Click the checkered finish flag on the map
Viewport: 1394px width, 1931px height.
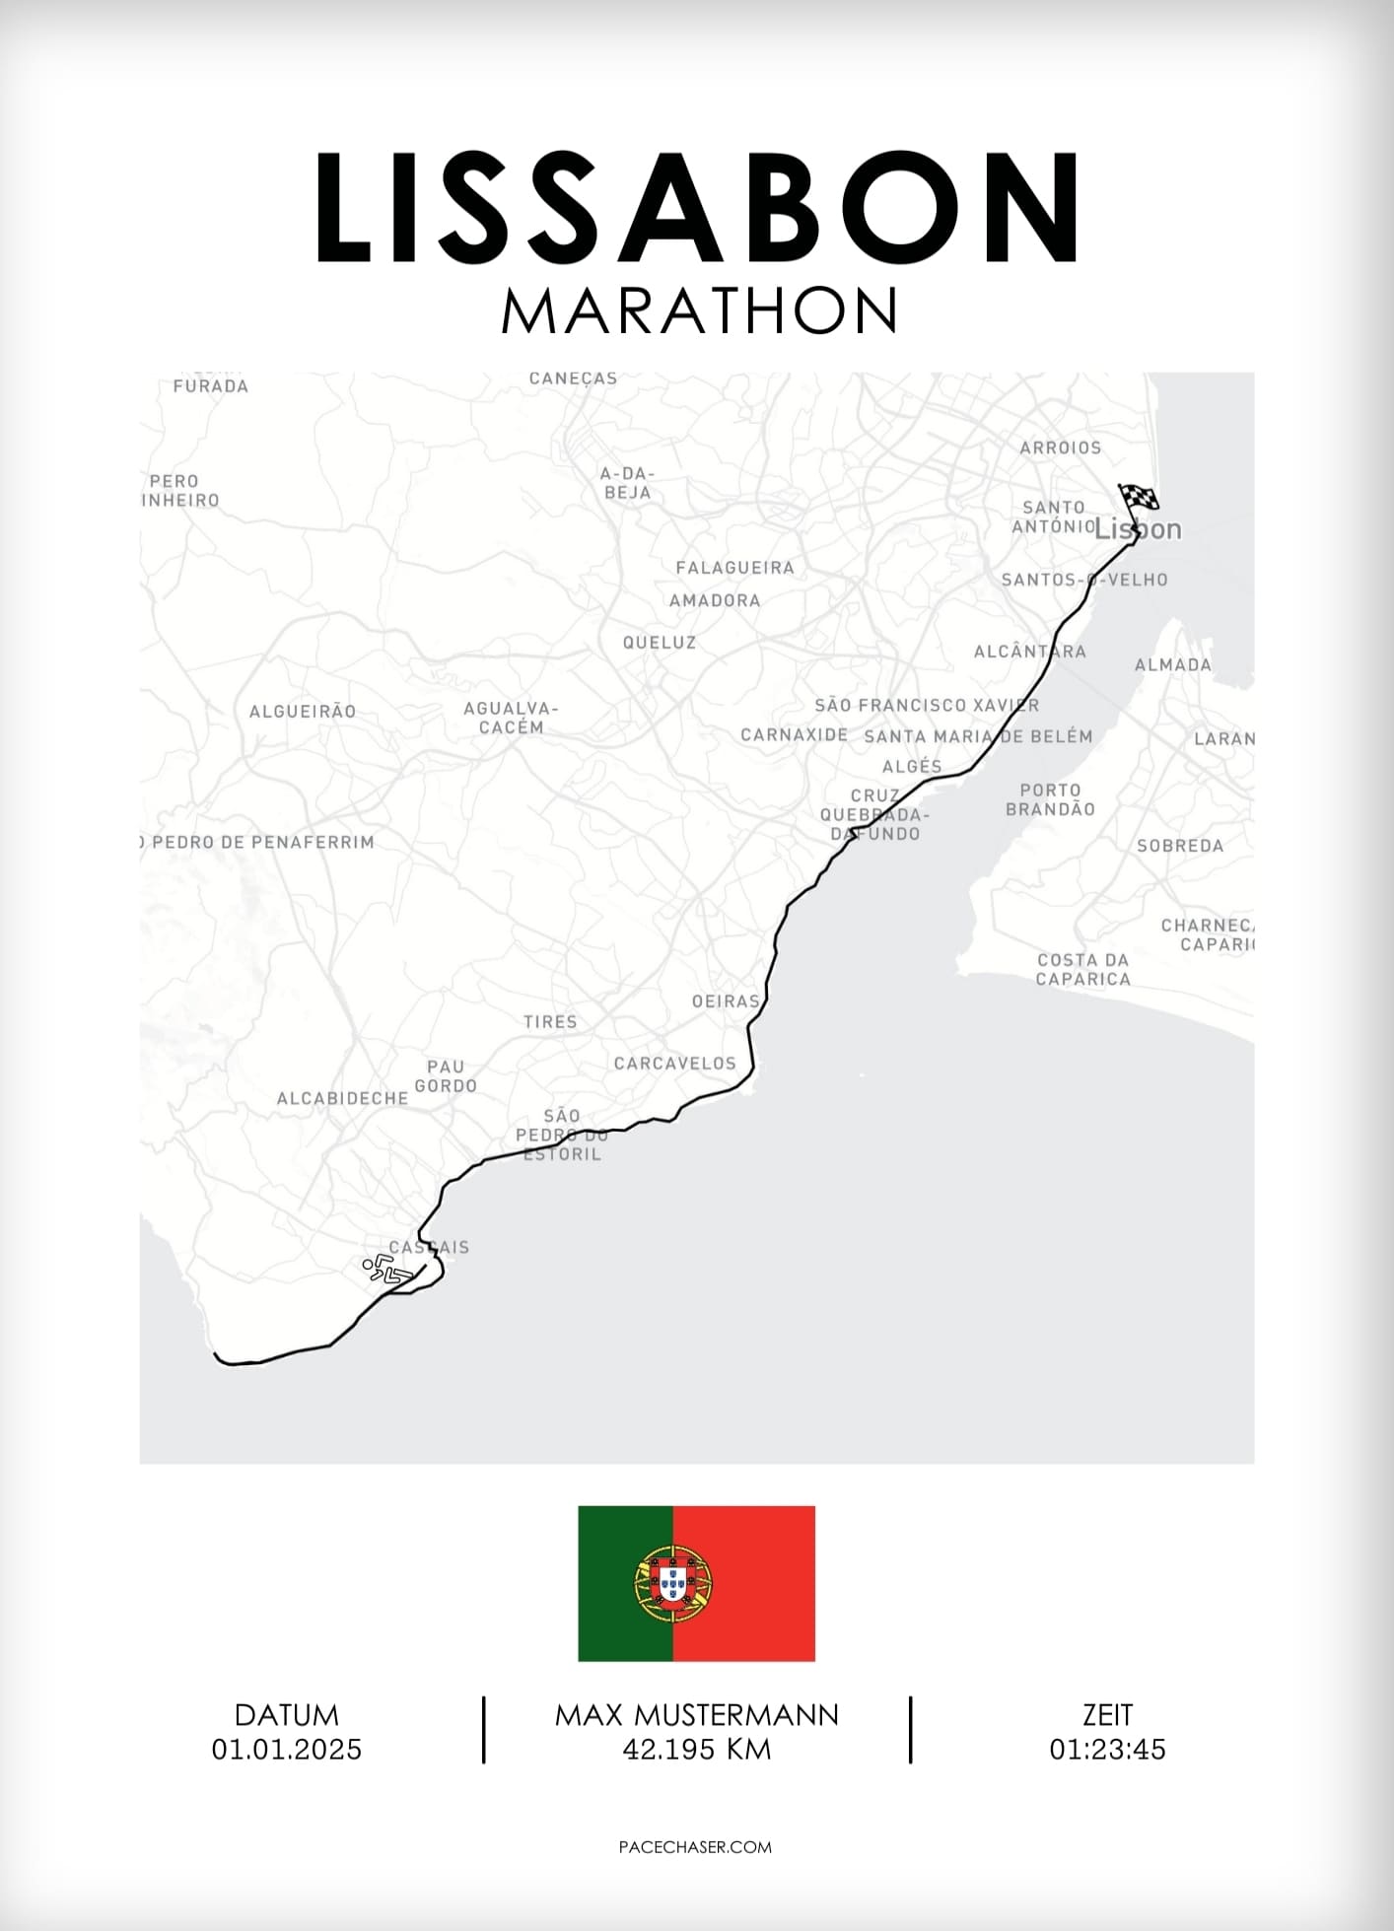coord(1137,498)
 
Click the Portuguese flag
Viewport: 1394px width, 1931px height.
coord(696,1583)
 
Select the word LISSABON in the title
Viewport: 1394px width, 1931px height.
coord(696,208)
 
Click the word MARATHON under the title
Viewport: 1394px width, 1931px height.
coord(698,310)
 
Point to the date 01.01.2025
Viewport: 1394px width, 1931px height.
coord(287,1750)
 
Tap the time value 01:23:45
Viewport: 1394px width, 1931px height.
coord(1107,1750)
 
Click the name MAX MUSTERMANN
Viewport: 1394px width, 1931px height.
coord(696,1715)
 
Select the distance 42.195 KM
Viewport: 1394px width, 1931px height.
coord(696,1750)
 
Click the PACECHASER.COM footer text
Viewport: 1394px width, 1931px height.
coord(695,1847)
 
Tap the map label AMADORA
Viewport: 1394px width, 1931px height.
coord(715,600)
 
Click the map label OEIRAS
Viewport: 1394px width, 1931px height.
coord(726,1001)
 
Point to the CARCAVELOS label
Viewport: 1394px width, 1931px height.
coord(674,1064)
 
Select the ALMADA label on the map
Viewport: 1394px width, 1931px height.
coord(1172,665)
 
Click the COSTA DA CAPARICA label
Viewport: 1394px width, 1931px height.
coord(1082,969)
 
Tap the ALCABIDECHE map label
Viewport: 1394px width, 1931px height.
coord(342,1098)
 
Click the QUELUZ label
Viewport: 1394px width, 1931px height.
coord(660,643)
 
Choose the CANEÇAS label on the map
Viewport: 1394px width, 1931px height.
coord(573,379)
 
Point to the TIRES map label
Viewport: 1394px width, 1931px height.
coord(550,1022)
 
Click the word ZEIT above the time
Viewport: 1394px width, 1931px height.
coord(1107,1715)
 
